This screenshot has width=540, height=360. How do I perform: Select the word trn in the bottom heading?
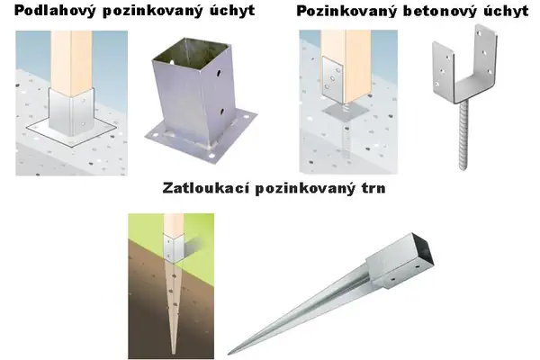(x=373, y=188)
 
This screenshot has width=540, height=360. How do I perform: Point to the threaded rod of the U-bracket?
(x=463, y=136)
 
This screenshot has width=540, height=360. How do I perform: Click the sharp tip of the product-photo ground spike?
(x=229, y=354)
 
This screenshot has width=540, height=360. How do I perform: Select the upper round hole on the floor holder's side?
(x=219, y=74)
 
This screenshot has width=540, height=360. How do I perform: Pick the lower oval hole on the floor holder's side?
(x=221, y=112)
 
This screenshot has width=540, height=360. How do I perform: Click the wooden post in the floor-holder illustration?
(x=72, y=61)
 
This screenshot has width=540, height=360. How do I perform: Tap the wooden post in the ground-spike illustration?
(x=174, y=225)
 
